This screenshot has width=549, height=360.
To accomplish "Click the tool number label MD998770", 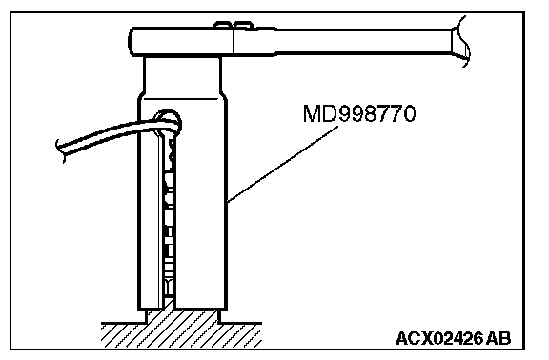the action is pyautogui.click(x=359, y=113).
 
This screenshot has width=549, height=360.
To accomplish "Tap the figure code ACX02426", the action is pyautogui.click(x=439, y=338).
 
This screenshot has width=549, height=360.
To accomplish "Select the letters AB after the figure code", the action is pyautogui.click(x=498, y=338).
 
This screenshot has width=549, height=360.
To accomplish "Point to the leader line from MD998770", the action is pyautogui.click(x=282, y=164).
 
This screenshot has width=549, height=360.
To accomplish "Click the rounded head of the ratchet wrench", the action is pyautogui.click(x=181, y=42).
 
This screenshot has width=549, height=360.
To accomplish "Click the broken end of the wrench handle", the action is pyautogui.click(x=460, y=41).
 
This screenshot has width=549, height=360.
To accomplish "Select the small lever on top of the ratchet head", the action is pyautogui.click(x=234, y=25).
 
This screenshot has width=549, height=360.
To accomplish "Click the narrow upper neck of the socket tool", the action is pyautogui.click(x=182, y=73).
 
